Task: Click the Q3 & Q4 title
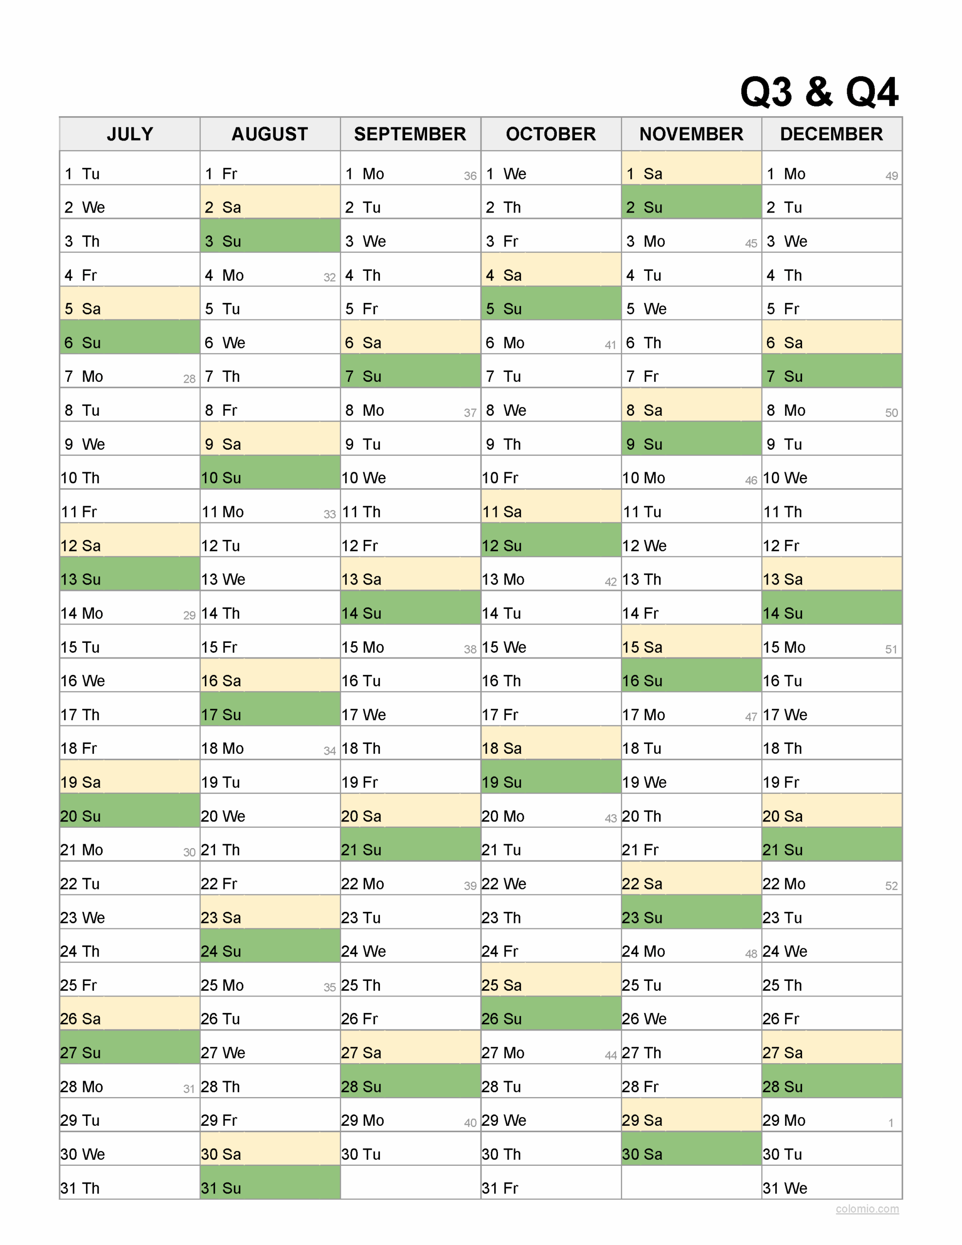pos(819,91)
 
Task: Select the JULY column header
pos(129,134)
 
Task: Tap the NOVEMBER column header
pos(691,134)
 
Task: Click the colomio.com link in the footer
pos(867,1209)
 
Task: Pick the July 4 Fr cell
pos(129,275)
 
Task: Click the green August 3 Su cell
pos(270,241)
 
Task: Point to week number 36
pos(470,176)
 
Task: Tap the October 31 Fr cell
pos(551,1188)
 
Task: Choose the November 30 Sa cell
pos(691,1154)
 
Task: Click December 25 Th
pos(831,985)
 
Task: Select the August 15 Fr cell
pos(270,647)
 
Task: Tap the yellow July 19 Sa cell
pos(129,782)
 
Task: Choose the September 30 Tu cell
pos(410,1154)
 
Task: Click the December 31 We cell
pos(831,1188)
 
